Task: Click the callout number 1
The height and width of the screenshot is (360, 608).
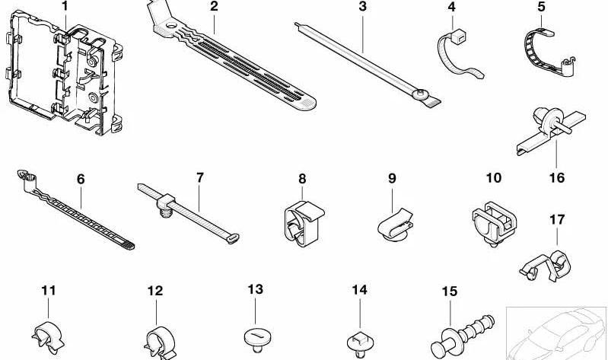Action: [x=65, y=6]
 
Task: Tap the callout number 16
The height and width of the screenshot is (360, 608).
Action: [x=557, y=177]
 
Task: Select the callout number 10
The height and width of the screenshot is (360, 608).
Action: [x=494, y=177]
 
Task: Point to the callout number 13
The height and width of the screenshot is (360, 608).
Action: [x=256, y=289]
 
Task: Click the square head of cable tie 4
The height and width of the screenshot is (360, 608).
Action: [x=458, y=36]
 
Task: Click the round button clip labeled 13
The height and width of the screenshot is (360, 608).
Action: [x=257, y=339]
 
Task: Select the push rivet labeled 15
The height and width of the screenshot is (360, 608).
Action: [x=462, y=336]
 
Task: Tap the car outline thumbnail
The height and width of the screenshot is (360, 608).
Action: [x=555, y=333]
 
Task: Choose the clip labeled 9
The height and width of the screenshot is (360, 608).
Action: [x=395, y=226]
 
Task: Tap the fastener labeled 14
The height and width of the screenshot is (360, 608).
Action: [x=360, y=343]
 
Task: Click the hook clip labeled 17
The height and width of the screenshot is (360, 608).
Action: [x=546, y=266]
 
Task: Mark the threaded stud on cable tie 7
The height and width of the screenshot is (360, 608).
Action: [x=166, y=212]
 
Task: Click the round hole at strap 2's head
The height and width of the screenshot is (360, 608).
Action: [x=170, y=27]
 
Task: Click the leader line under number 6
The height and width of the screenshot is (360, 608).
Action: [x=81, y=197]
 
